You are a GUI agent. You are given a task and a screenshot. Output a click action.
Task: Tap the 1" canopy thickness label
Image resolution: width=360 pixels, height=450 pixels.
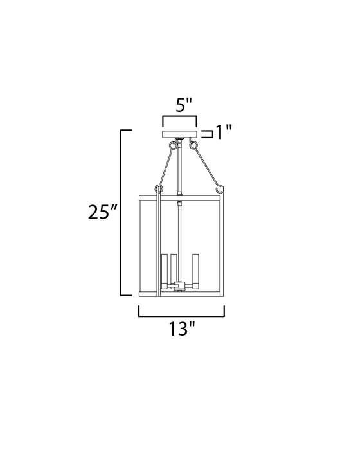point(223,133)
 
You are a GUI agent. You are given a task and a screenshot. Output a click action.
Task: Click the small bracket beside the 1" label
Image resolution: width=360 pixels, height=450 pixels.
point(207,134)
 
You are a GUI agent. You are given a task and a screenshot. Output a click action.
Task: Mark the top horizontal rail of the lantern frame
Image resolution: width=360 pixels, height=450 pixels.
point(182,193)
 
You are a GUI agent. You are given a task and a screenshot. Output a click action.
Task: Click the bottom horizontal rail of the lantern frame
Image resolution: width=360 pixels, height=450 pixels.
point(182,293)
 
